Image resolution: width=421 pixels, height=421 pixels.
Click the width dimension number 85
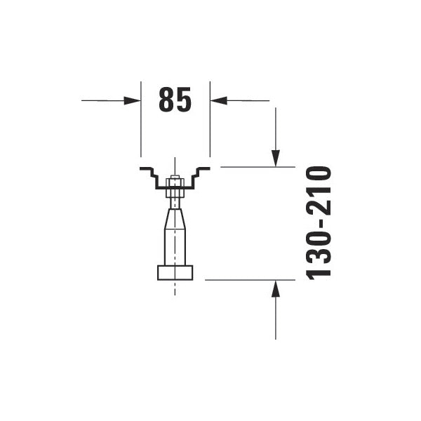click(x=175, y=100)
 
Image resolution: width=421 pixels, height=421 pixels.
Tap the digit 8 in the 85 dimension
click(x=166, y=100)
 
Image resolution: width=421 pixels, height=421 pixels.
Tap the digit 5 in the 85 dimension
click(x=183, y=100)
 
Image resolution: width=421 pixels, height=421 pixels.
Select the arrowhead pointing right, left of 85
click(x=133, y=100)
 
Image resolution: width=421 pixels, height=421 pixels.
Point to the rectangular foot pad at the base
click(x=175, y=272)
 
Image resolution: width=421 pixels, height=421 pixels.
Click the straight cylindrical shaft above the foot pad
click(x=175, y=249)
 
